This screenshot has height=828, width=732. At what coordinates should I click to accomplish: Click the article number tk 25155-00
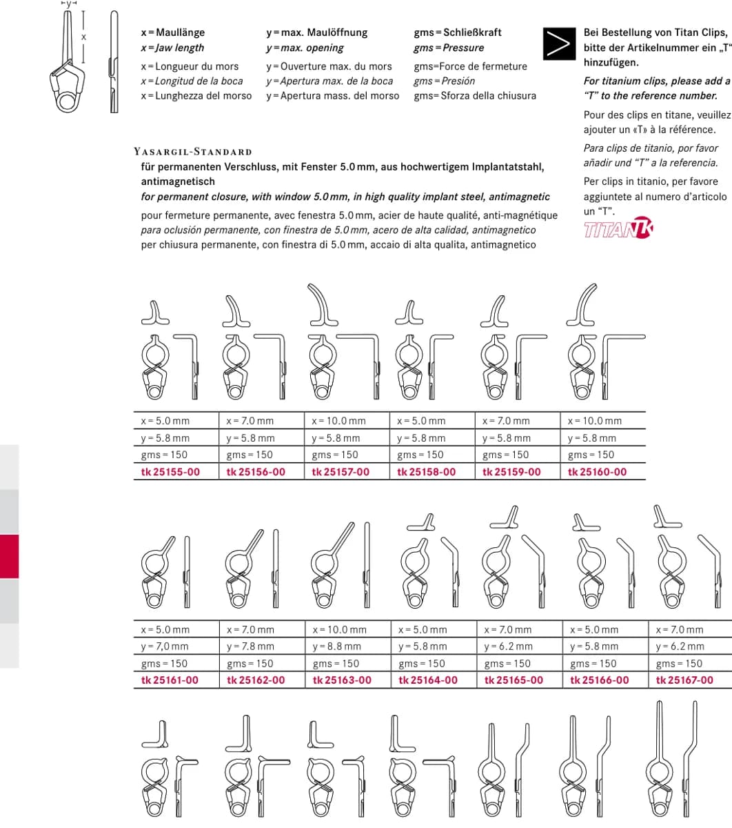coord(170,472)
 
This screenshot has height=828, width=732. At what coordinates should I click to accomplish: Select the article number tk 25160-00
coord(597,472)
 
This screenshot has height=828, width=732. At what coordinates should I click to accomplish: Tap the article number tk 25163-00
coord(342,680)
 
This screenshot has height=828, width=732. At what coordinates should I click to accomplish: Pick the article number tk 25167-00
coord(684,680)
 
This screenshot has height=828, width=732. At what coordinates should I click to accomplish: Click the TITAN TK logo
coord(618,228)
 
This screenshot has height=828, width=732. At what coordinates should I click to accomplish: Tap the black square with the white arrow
coord(559,43)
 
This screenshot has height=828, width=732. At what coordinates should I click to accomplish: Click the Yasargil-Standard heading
coord(193,152)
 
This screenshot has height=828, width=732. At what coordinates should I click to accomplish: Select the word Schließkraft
coord(472,32)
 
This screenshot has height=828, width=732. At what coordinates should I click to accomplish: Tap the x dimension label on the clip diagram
coord(83,37)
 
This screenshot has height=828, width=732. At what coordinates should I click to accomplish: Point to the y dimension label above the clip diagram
coord(69,3)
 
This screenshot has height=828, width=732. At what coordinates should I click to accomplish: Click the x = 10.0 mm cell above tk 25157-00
coord(338,421)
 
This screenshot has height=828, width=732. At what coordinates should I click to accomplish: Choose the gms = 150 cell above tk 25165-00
coord(507,664)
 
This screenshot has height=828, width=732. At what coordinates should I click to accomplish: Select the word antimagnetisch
coord(178,181)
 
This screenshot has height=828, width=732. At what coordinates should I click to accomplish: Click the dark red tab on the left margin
coord(10,556)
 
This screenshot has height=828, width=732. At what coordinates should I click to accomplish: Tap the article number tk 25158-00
coord(426,472)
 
